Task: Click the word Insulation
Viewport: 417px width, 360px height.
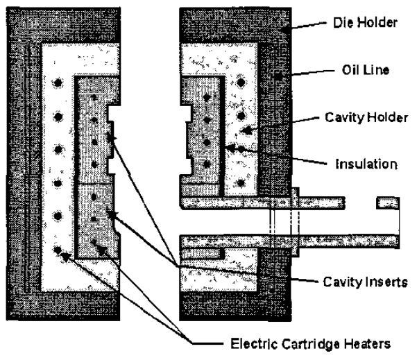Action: pos(360,164)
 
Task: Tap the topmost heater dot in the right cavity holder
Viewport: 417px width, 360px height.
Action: pos(240,83)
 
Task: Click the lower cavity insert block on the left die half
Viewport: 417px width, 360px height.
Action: pos(94,218)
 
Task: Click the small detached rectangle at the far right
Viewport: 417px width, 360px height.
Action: pos(388,203)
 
